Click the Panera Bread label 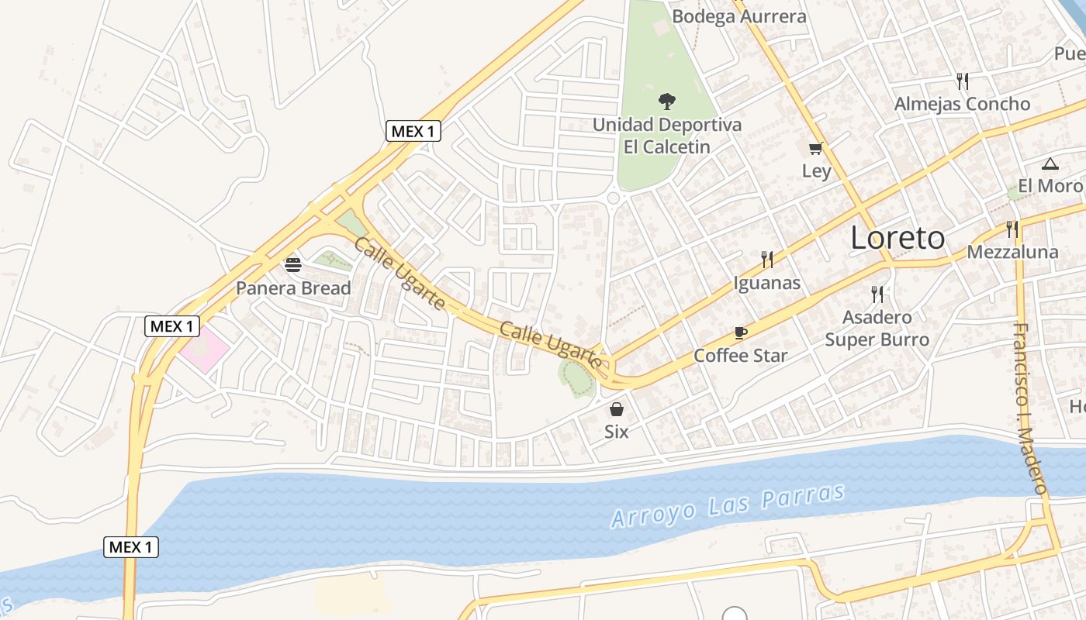click(x=293, y=288)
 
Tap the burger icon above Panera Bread click(x=293, y=265)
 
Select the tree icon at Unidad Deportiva click(x=666, y=101)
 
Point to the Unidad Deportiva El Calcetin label click(x=666, y=135)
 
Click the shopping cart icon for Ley click(x=815, y=148)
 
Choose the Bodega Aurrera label click(x=738, y=16)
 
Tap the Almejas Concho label click(x=962, y=104)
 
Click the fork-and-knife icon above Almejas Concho click(x=963, y=81)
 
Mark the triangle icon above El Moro click(x=1050, y=164)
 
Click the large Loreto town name click(x=898, y=238)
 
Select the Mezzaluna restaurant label click(x=1012, y=252)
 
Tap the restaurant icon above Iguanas click(x=767, y=259)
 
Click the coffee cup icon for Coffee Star click(x=741, y=333)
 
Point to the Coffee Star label click(x=740, y=356)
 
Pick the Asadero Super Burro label click(x=877, y=329)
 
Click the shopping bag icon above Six click(x=617, y=409)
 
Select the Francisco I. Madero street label click(x=1031, y=408)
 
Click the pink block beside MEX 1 click(x=204, y=350)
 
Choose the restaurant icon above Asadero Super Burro click(x=877, y=294)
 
